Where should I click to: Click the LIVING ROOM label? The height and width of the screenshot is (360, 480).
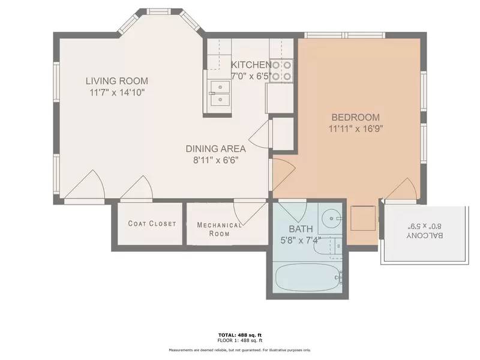click(117, 81)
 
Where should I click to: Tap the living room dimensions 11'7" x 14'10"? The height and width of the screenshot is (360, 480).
click(117, 92)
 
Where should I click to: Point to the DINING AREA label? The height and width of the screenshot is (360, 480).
click(215, 149)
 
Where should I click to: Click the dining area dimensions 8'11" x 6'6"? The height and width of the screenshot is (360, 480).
click(216, 160)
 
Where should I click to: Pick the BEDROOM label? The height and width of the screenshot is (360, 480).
click(356, 117)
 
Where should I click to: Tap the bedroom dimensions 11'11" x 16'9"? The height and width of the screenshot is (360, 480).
click(356, 128)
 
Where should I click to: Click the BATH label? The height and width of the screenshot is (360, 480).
click(301, 229)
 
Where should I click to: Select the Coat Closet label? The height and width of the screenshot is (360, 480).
click(152, 223)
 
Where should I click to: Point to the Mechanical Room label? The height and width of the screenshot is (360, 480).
click(219, 229)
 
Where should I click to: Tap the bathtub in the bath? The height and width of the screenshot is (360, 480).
click(308, 278)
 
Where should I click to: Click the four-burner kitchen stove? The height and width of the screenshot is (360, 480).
click(281, 71)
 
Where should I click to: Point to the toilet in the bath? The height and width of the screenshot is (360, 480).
click(328, 246)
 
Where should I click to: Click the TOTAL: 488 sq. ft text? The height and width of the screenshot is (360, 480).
click(240, 335)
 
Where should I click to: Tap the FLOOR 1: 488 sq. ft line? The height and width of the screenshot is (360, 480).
click(240, 340)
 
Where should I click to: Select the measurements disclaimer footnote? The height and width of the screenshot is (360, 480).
click(240, 350)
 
